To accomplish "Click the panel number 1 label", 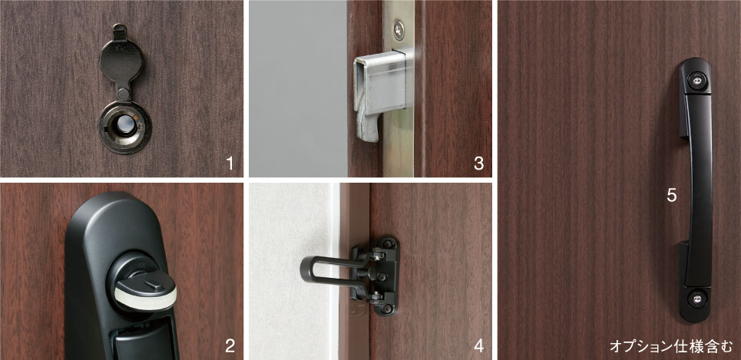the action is click(x=230, y=163).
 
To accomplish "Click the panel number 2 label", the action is click(x=230, y=346).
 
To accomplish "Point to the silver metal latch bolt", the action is click(x=379, y=91).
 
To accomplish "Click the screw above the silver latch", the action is click(x=399, y=30).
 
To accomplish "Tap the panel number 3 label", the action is click(x=478, y=163).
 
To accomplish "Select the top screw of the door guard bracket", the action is click(x=389, y=244).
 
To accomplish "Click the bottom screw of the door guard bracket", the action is click(x=388, y=309).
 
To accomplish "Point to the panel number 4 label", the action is click(x=478, y=346).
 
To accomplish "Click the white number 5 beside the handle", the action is click(x=672, y=195).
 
